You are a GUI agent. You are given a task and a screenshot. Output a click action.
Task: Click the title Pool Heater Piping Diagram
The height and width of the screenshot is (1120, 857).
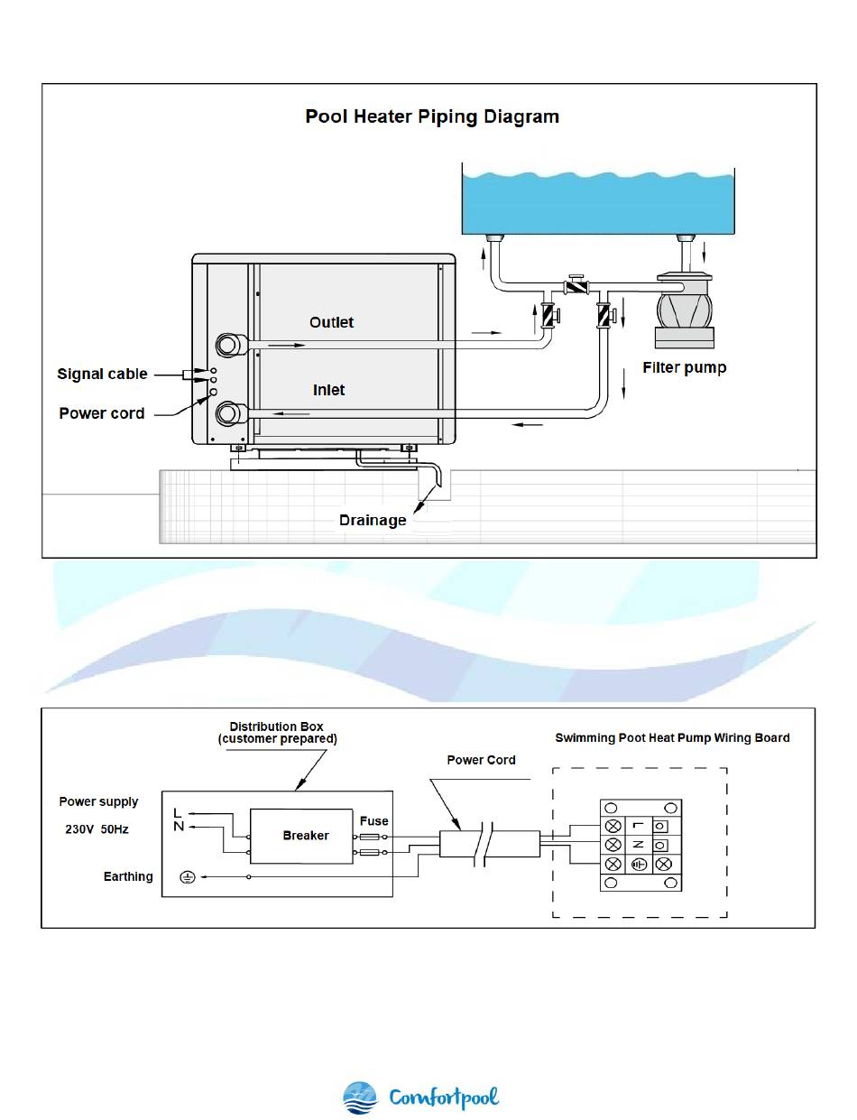[x=431, y=117]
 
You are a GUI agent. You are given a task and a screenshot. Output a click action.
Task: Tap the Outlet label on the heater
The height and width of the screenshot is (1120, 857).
[x=331, y=323]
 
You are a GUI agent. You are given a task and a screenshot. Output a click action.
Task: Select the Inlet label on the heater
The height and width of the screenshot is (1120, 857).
[x=328, y=390]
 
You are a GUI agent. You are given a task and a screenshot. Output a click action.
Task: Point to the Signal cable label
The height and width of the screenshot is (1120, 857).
[x=102, y=374]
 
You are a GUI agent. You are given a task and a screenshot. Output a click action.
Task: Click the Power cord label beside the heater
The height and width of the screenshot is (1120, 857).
[x=101, y=413]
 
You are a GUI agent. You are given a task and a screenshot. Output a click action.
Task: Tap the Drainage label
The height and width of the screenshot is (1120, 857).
[x=373, y=520]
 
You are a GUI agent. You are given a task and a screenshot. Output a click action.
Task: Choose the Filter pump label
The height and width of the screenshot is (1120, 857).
[x=684, y=368]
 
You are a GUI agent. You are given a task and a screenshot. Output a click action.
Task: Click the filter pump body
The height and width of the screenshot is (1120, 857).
[x=685, y=310]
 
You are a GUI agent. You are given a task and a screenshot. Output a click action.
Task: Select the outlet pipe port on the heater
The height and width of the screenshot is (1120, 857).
[x=227, y=345]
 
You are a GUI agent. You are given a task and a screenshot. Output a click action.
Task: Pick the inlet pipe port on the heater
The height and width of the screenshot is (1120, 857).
[x=227, y=413]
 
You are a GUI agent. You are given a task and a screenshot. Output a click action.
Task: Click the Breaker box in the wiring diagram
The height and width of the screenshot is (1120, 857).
[x=301, y=836]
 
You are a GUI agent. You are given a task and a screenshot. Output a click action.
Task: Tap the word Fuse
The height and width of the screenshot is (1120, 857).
[x=373, y=820]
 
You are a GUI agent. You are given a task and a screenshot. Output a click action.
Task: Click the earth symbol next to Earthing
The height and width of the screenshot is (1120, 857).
[x=188, y=876]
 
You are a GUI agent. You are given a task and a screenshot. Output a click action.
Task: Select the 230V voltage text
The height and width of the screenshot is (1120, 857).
[x=79, y=829]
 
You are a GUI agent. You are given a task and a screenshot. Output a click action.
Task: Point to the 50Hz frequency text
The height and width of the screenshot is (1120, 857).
[x=115, y=829]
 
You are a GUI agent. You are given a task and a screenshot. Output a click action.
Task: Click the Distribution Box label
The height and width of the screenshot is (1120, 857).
[x=277, y=733]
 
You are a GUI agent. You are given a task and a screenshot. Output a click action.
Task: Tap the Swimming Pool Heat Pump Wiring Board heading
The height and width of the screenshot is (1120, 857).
[x=672, y=737]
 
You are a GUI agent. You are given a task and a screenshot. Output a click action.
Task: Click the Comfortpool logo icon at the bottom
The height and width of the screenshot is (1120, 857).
[x=359, y=1097]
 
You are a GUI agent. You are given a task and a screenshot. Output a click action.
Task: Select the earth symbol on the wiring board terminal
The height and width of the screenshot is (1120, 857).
[x=639, y=865]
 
